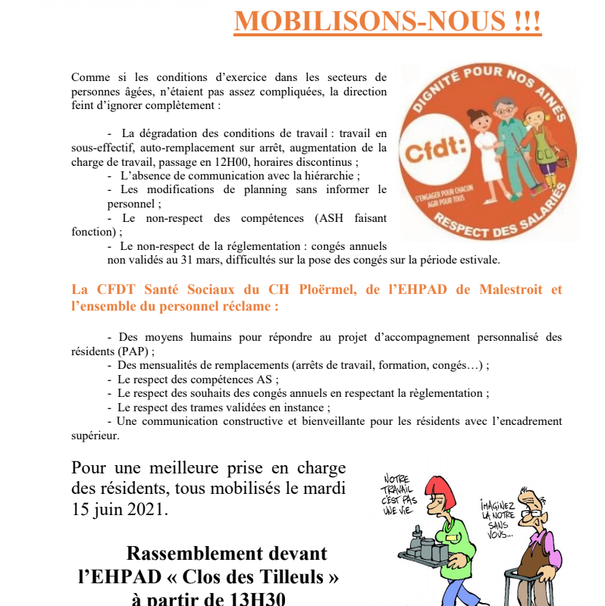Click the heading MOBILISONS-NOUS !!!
[x=387, y=21]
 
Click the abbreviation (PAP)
[x=134, y=351]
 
